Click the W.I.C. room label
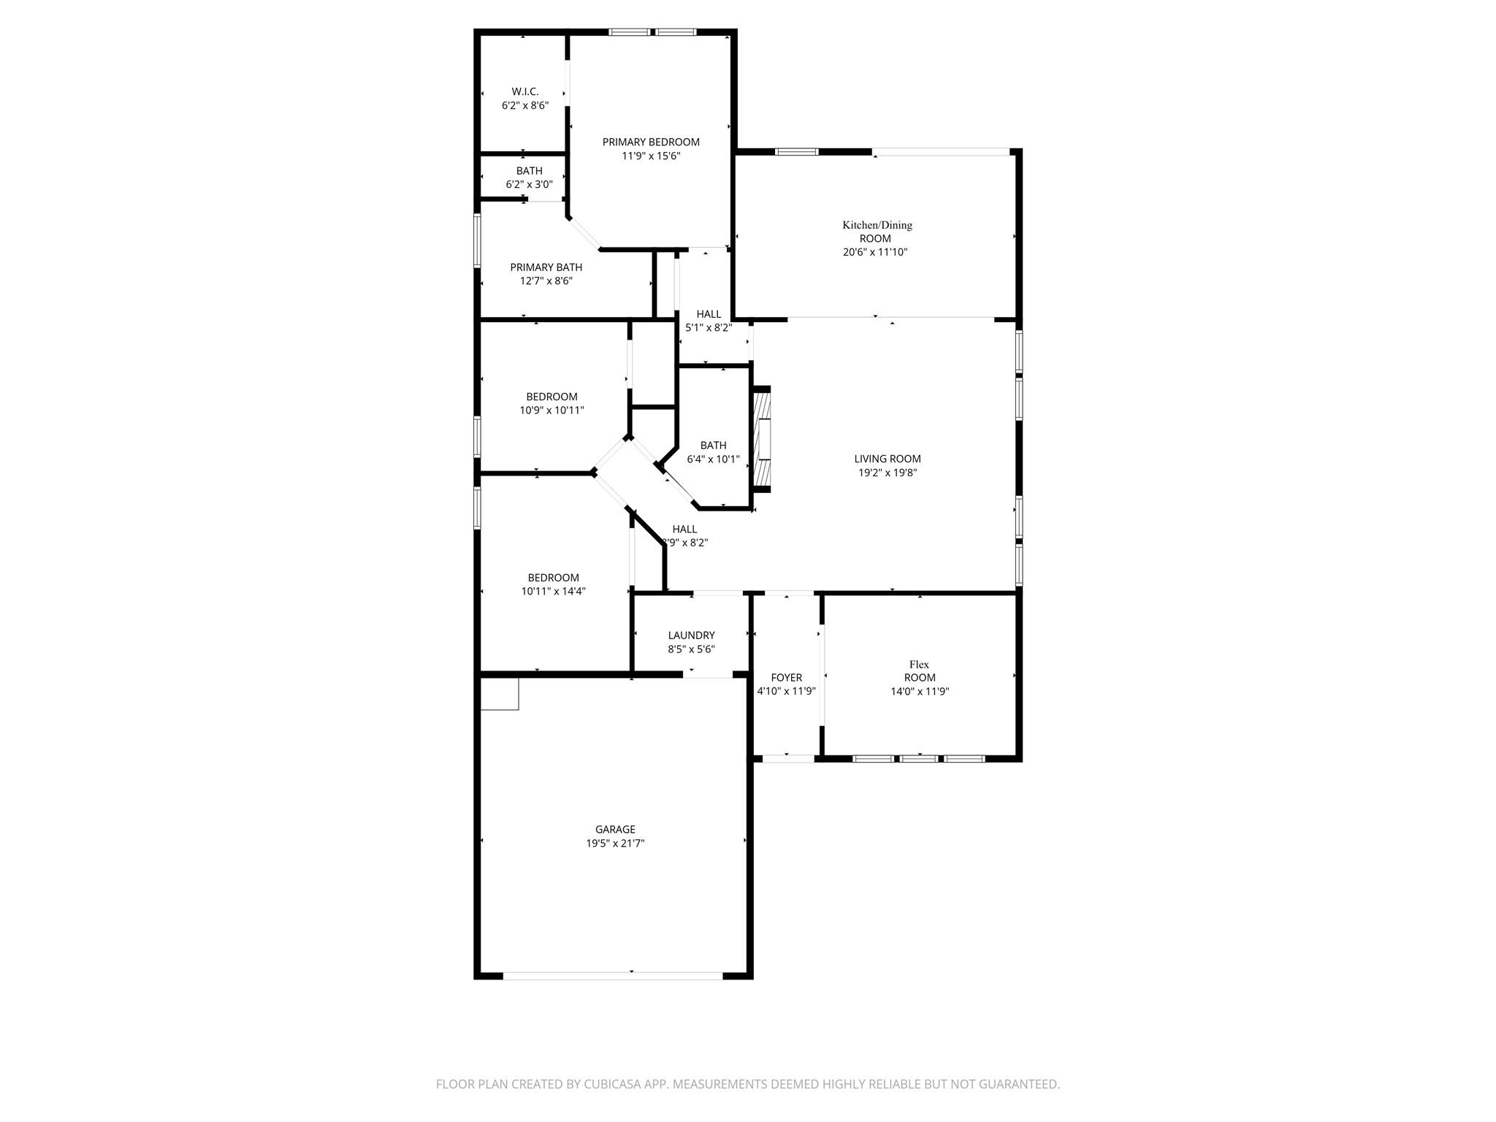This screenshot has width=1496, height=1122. tap(524, 92)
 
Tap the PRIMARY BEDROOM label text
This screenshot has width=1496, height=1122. tap(650, 142)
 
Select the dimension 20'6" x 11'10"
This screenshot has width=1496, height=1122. tap(875, 252)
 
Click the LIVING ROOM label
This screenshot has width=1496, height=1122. tap(888, 459)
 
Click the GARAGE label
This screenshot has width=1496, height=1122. tap(615, 829)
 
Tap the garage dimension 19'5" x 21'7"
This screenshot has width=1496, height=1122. tap(615, 843)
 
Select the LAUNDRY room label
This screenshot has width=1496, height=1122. tap(691, 636)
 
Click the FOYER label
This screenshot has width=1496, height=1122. tap(786, 678)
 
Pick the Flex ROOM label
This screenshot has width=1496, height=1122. tap(919, 671)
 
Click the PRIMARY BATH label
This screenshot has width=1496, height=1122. tap(546, 267)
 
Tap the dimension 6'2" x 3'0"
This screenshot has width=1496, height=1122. tap(529, 185)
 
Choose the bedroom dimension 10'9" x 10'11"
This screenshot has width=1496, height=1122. tap(552, 411)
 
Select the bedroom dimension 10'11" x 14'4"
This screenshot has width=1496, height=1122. tap(553, 592)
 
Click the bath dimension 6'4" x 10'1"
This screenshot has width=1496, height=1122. tap(713, 459)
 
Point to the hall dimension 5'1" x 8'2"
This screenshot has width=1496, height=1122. tap(708, 328)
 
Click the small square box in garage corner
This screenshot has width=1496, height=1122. tap(500, 694)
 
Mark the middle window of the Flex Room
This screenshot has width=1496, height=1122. tap(918, 759)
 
